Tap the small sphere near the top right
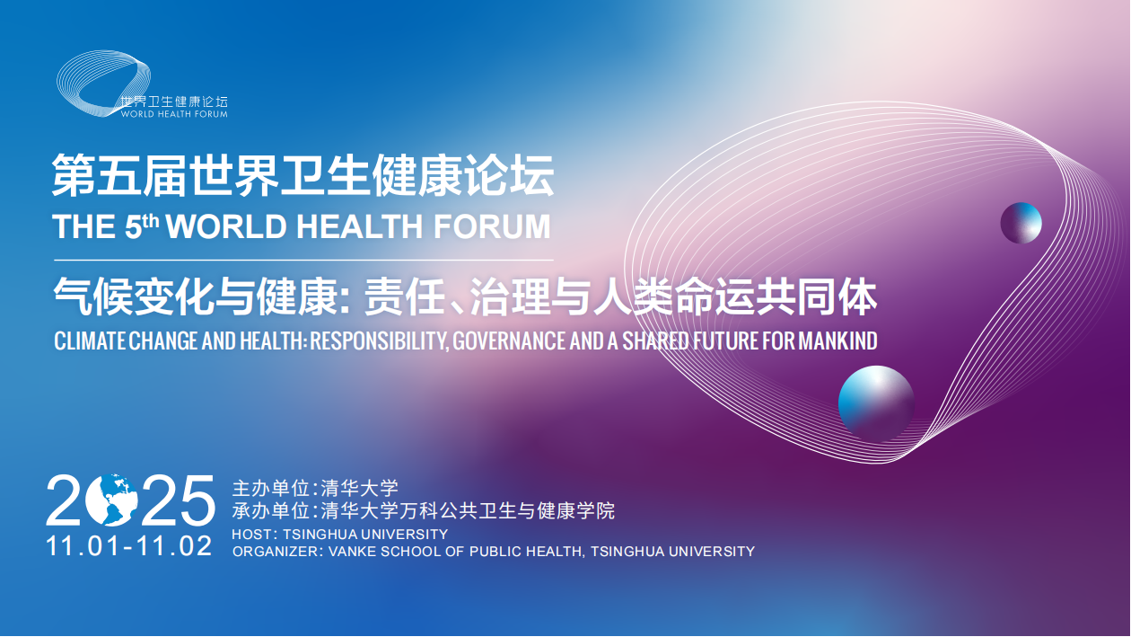[1021, 223]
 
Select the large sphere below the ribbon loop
[875, 403]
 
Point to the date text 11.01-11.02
[129, 545]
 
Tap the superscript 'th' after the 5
[152, 219]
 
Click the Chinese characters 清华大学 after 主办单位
[359, 490]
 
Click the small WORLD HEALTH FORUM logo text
[174, 114]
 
